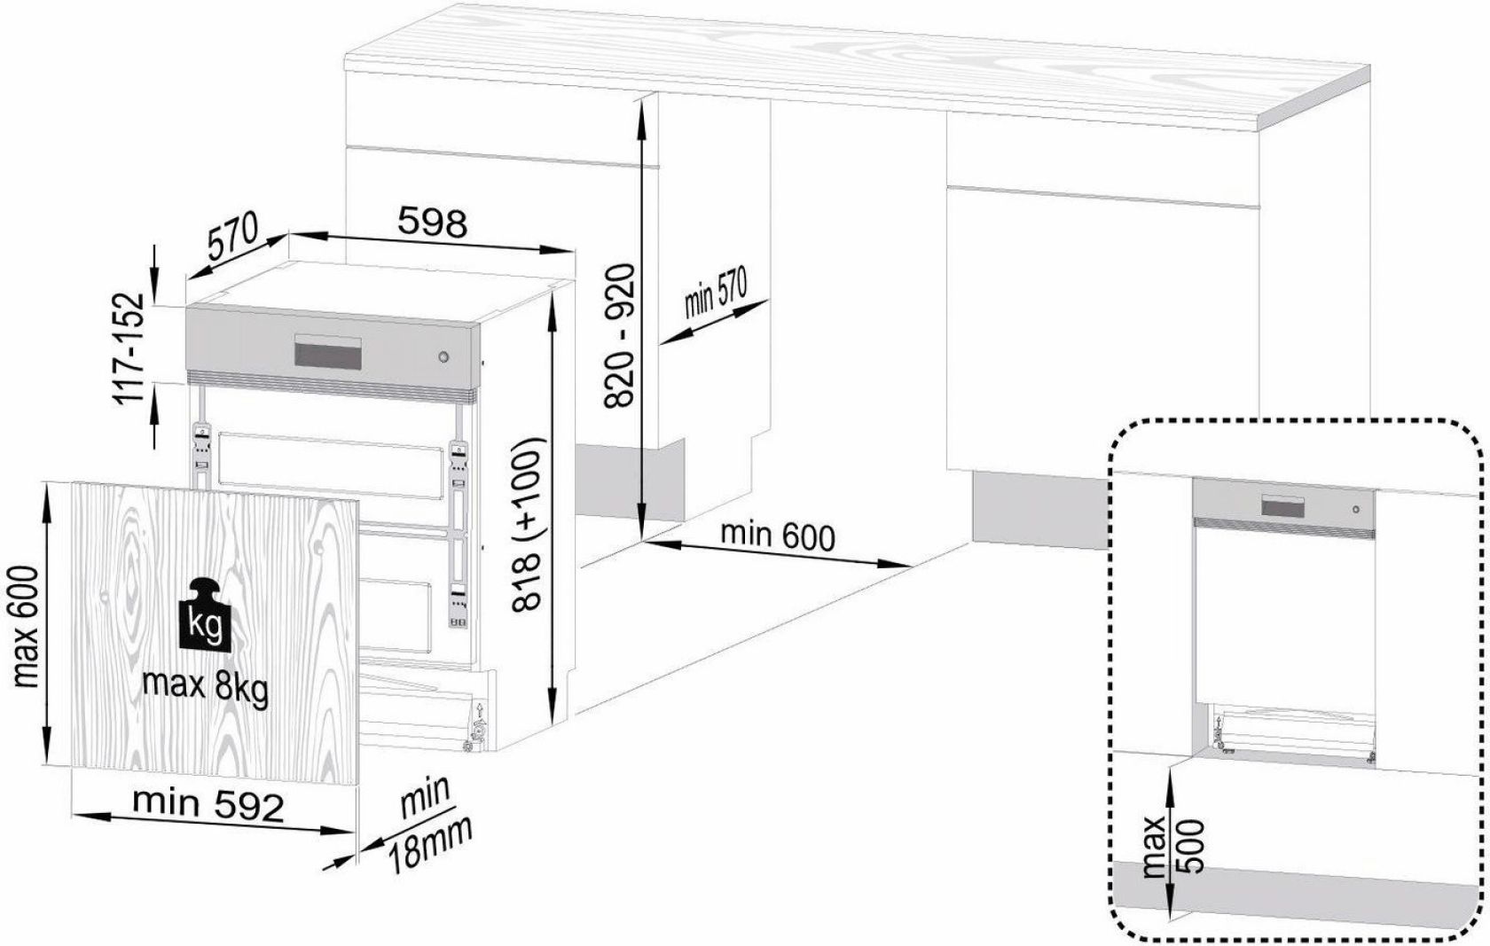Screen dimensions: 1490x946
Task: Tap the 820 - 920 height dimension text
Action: coord(620,335)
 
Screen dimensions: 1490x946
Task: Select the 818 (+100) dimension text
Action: coord(530,523)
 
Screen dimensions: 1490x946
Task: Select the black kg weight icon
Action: coord(206,614)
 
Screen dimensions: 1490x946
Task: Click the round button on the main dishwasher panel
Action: coord(443,356)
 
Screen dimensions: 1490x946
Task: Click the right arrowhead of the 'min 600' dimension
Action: coord(897,564)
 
